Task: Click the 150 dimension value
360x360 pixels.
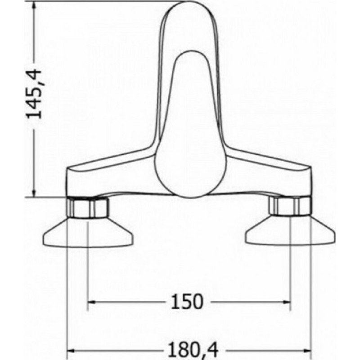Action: pyautogui.click(x=187, y=301)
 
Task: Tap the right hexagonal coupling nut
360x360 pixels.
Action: pyautogui.click(x=291, y=206)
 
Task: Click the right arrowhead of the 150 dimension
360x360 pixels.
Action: pyautogui.click(x=287, y=302)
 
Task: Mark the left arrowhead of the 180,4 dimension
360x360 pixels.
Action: pyautogui.click(x=71, y=351)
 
